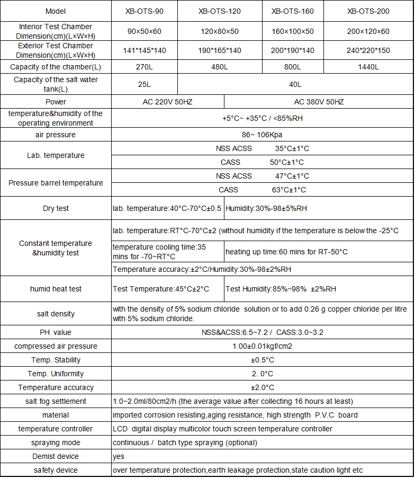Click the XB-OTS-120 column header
pyautogui.click(x=220, y=11)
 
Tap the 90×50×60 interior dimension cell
pyautogui.click(x=144, y=31)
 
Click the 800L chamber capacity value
pyautogui.click(x=292, y=67)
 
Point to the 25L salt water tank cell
pyautogui.click(x=144, y=84)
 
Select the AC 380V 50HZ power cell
pyautogui.click(x=319, y=102)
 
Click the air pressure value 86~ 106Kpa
pyautogui.click(x=263, y=135)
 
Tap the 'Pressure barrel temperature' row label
pyautogui.click(x=56, y=183)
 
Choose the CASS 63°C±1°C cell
pyautogui.click(x=263, y=190)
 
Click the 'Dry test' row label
pyautogui.click(x=56, y=208)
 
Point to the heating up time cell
pyautogui.click(x=286, y=252)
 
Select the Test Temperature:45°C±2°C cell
pyautogui.click(x=161, y=289)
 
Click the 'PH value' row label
pyautogui.click(x=56, y=332)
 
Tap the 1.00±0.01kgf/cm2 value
pyautogui.click(x=263, y=346)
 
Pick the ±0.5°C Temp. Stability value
pyautogui.click(x=263, y=360)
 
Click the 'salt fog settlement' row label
pyautogui.click(x=56, y=401)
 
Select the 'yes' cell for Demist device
pyautogui.click(x=119, y=456)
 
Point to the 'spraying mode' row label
pyautogui.click(x=56, y=442)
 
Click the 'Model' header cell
pyautogui.click(x=56, y=11)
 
